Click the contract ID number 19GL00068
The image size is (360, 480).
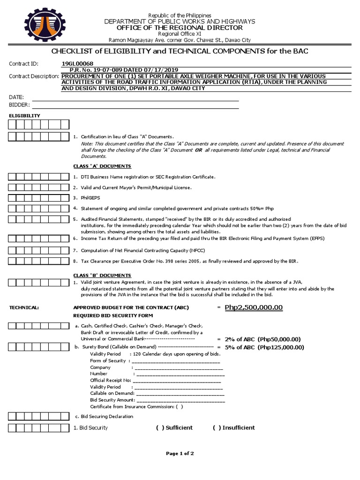tap(77, 64)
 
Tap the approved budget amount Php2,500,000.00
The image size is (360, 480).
tap(254, 307)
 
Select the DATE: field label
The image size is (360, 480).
tap(16, 97)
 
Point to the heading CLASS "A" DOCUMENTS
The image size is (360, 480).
tap(102, 166)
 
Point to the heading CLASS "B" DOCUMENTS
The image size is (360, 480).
tap(102, 275)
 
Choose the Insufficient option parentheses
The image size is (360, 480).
tap(216, 427)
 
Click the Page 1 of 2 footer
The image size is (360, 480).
tap(180, 454)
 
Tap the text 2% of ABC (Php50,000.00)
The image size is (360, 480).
tap(262, 339)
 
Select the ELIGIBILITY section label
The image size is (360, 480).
tap(25, 115)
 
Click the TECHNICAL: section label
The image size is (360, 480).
tap(24, 307)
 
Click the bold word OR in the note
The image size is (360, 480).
tap(198, 150)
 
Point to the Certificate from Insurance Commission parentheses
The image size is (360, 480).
tap(180, 406)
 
